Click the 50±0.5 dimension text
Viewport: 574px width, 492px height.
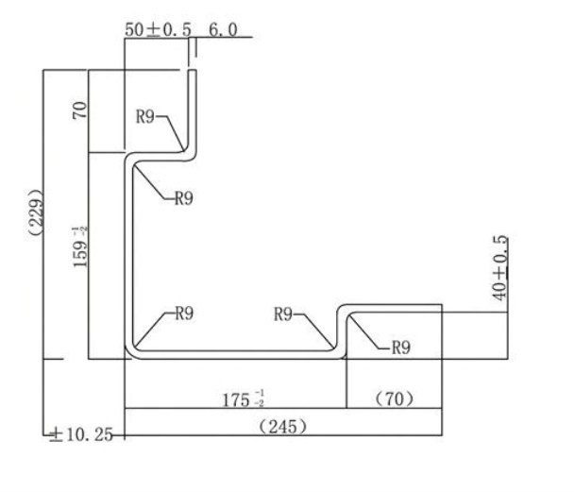pos(159,29)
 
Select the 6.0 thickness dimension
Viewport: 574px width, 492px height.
pos(223,29)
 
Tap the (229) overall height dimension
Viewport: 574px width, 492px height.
pos(37,212)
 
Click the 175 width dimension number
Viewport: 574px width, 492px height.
pos(236,399)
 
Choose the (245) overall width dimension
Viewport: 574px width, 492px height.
pos(282,427)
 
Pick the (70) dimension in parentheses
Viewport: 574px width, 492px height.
pos(395,399)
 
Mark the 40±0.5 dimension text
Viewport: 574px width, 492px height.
pos(500,268)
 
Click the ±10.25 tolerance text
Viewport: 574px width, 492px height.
pos(81,434)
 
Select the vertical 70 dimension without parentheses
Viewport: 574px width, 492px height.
pos(80,110)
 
